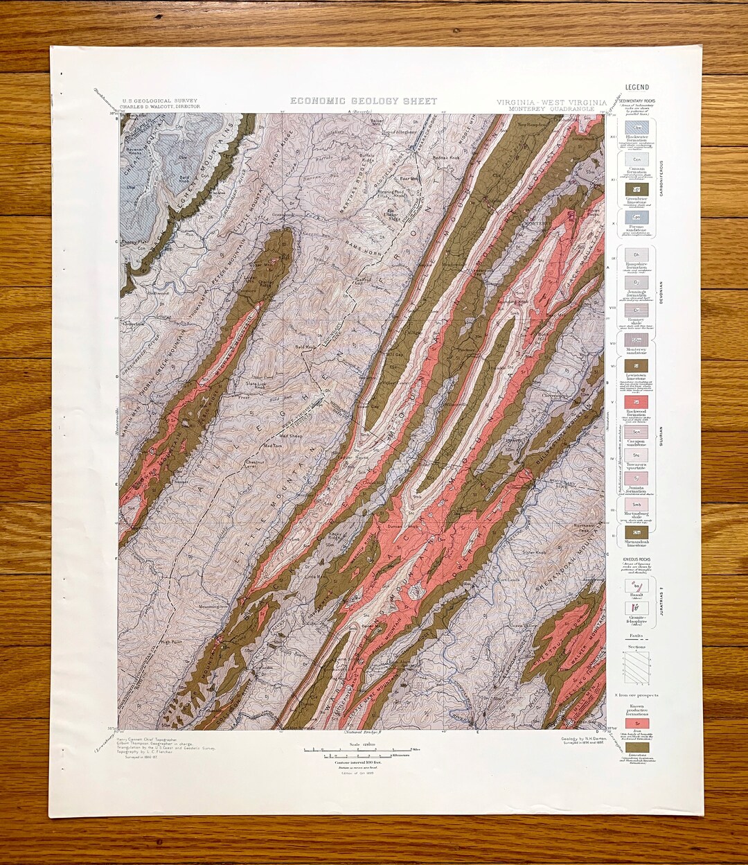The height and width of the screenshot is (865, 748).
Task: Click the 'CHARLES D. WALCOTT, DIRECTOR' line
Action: tap(160, 107)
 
